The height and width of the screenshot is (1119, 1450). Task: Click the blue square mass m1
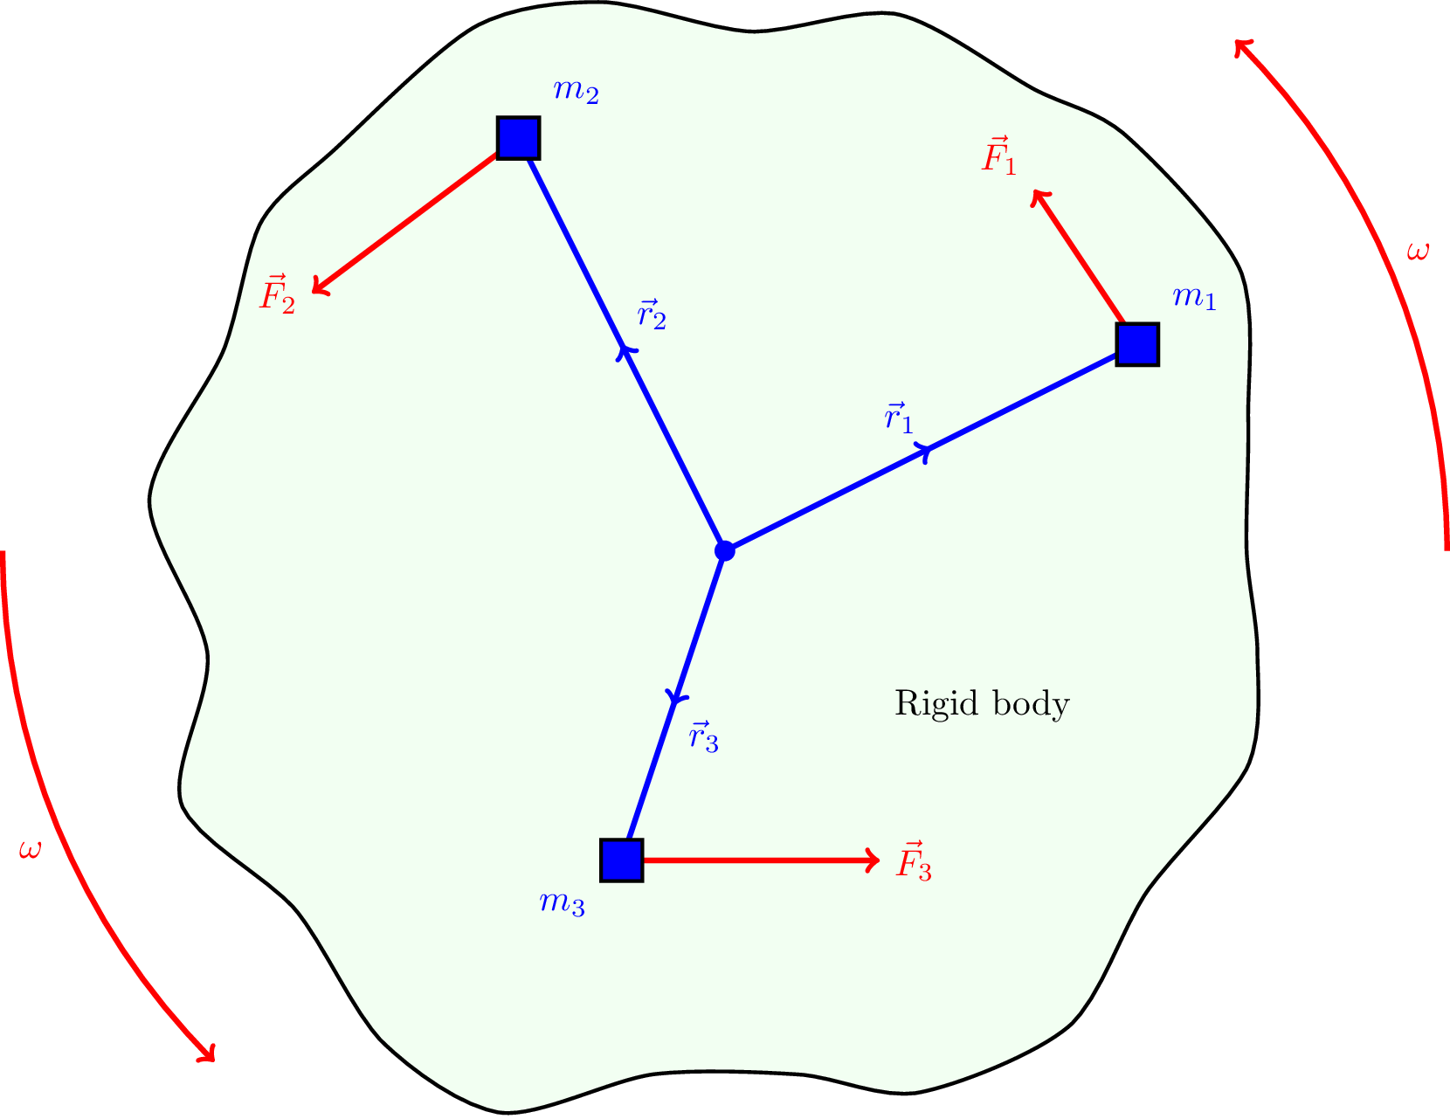[x=1137, y=344]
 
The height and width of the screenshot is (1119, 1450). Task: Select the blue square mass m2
[x=518, y=138]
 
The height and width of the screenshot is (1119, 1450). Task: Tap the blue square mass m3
[x=622, y=860]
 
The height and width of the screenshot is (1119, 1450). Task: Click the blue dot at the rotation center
[x=724, y=550]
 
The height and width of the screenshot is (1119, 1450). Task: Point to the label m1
[x=1194, y=298]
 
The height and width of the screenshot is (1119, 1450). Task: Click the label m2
[x=576, y=91]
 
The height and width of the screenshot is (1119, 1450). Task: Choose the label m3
[x=562, y=902]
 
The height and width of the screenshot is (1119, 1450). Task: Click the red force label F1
[x=999, y=157]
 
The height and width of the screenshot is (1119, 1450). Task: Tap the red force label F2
[x=278, y=294]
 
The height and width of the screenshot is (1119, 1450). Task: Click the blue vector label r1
[x=899, y=418]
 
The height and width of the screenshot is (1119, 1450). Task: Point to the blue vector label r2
[x=652, y=314]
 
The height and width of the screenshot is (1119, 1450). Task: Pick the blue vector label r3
[x=703, y=737]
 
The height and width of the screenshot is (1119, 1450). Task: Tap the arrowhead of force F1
[x=1038, y=197]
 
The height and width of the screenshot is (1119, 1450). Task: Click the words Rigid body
[x=982, y=704]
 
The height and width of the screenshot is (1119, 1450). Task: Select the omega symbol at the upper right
[x=1419, y=252]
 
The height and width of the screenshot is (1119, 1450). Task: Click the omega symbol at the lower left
[x=30, y=849]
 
